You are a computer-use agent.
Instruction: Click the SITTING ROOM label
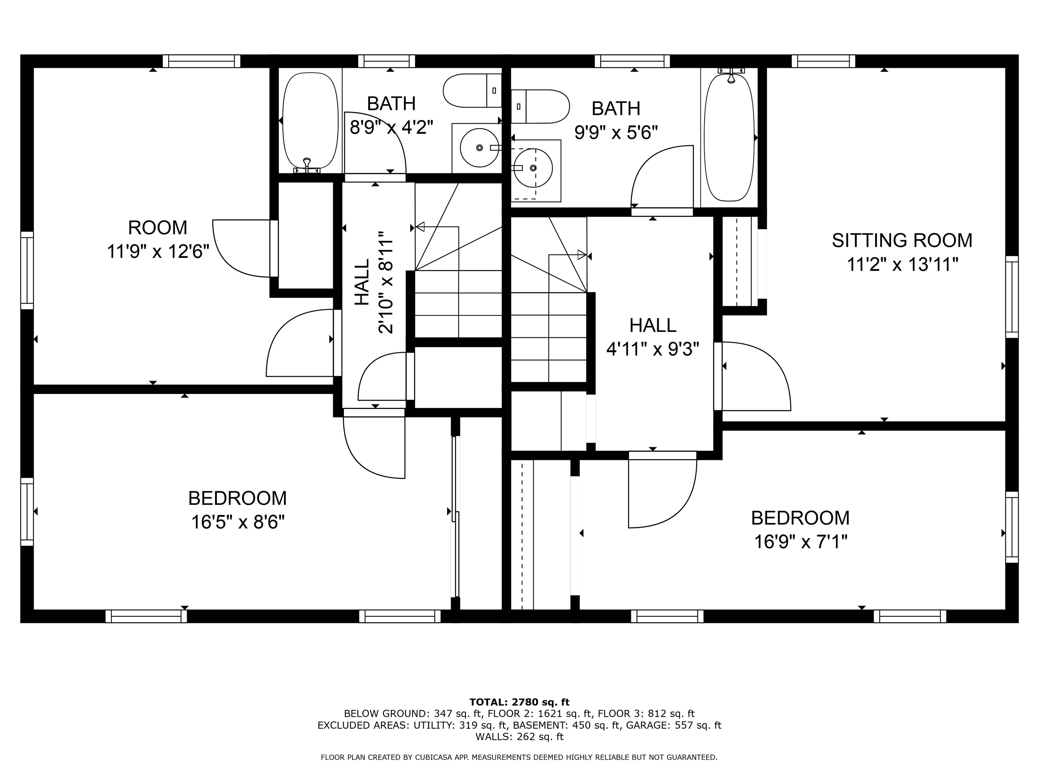[x=902, y=240]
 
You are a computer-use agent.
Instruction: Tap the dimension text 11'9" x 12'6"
[x=158, y=252]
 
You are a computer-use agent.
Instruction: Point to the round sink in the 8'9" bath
[x=479, y=147]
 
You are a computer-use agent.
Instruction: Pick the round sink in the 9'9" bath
[x=533, y=168]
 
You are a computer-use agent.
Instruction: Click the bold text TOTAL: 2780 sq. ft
[x=519, y=702]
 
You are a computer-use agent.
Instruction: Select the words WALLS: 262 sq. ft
[x=519, y=737]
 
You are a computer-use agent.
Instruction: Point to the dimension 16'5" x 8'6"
[x=238, y=522]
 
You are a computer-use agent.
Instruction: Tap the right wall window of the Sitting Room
[x=1011, y=297]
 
